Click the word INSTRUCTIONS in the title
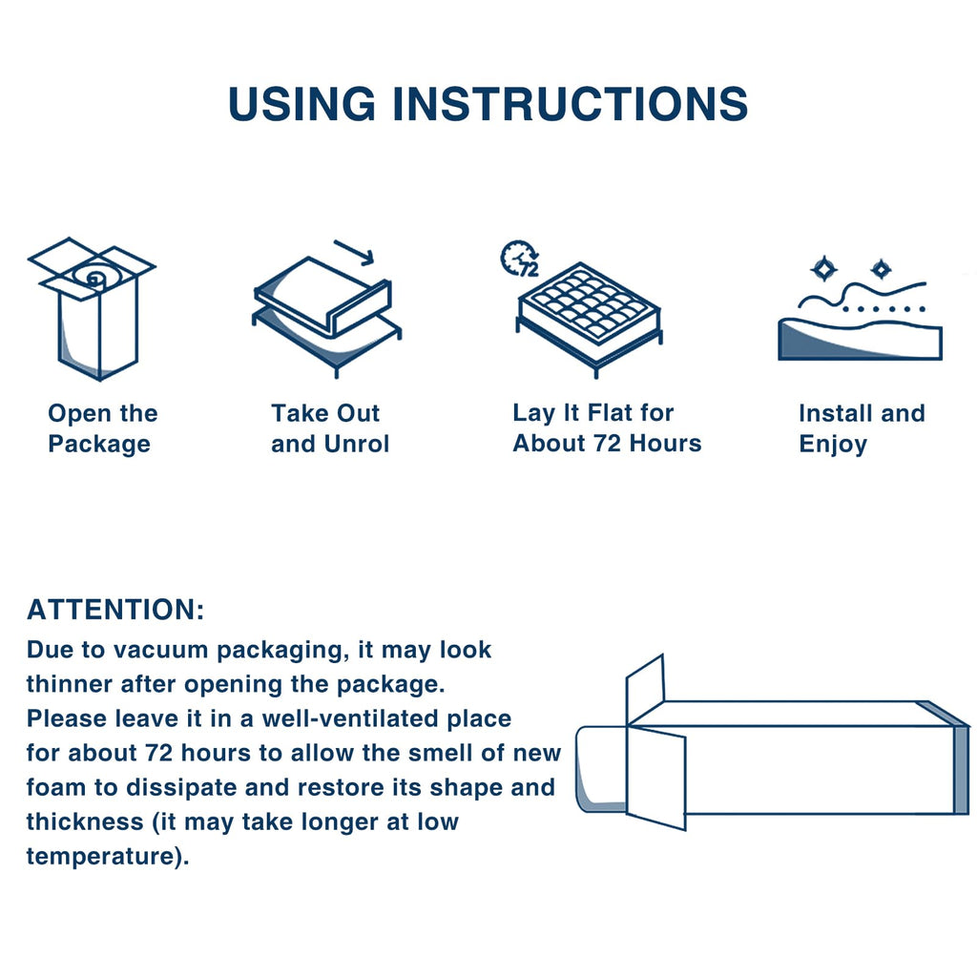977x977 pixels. click(570, 103)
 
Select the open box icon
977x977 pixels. click(92, 307)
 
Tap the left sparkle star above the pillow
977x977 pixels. click(823, 268)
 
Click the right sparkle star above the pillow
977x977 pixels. click(881, 268)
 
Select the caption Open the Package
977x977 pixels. click(102, 428)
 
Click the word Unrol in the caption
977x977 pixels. click(355, 444)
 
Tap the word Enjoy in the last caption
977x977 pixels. click(833, 444)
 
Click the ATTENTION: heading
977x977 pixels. click(115, 610)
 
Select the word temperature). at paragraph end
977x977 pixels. click(108, 856)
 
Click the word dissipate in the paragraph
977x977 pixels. click(239, 787)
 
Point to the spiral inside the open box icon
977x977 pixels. click(94, 278)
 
